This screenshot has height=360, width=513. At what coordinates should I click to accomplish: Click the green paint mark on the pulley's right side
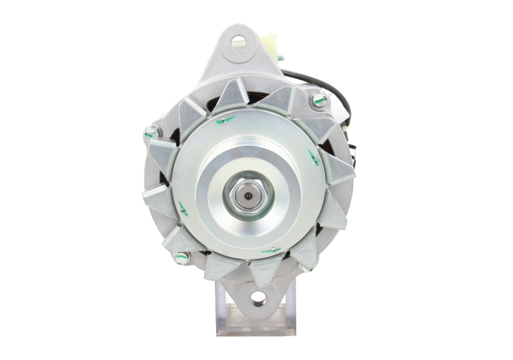[314, 156]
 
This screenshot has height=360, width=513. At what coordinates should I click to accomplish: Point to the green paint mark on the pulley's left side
[182, 207]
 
